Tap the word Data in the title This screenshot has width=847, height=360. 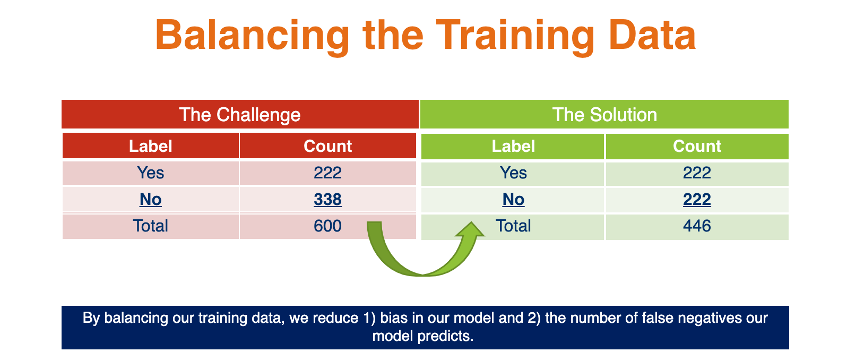(x=652, y=35)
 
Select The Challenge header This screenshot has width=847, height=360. (x=240, y=115)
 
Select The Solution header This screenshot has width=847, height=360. (x=604, y=114)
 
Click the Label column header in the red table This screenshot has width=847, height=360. (x=151, y=146)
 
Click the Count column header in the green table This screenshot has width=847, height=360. (x=697, y=146)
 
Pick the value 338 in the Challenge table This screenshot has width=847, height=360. (x=327, y=199)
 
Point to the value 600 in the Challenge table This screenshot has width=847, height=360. (x=327, y=226)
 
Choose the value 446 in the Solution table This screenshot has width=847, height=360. (x=697, y=226)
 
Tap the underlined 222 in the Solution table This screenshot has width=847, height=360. (x=697, y=199)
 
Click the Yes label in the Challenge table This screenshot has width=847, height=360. (x=151, y=173)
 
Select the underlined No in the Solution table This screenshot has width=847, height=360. (x=513, y=199)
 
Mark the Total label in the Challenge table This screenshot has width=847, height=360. (x=151, y=226)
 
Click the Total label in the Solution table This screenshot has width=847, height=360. (x=513, y=226)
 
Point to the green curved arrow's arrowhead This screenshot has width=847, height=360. (x=470, y=229)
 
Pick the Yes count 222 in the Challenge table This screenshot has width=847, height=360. (x=327, y=173)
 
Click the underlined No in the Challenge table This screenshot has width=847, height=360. (x=151, y=199)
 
